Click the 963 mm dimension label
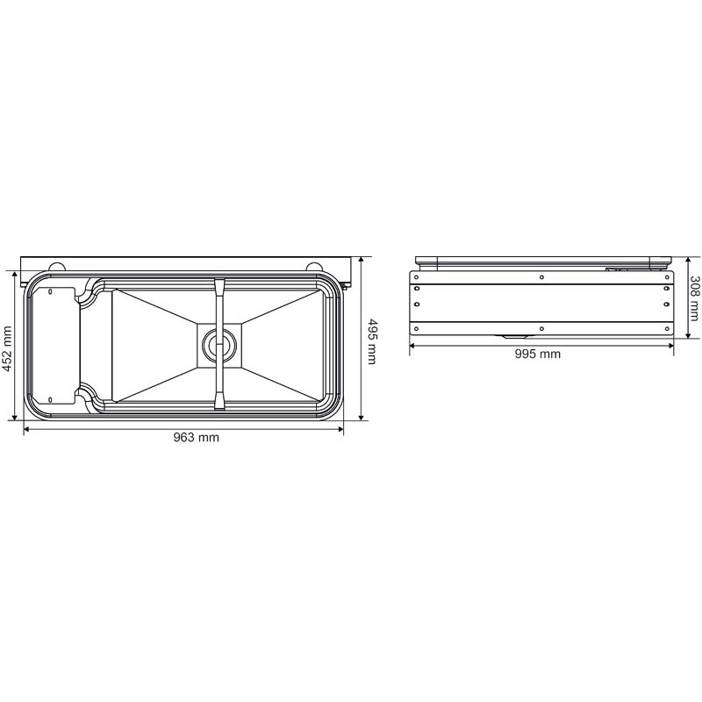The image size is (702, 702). (x=196, y=438)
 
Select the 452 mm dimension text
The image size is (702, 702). (x=8, y=348)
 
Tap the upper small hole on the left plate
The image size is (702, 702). (x=51, y=290)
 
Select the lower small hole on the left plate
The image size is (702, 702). (x=51, y=399)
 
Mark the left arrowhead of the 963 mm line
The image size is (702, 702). (x=25, y=428)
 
